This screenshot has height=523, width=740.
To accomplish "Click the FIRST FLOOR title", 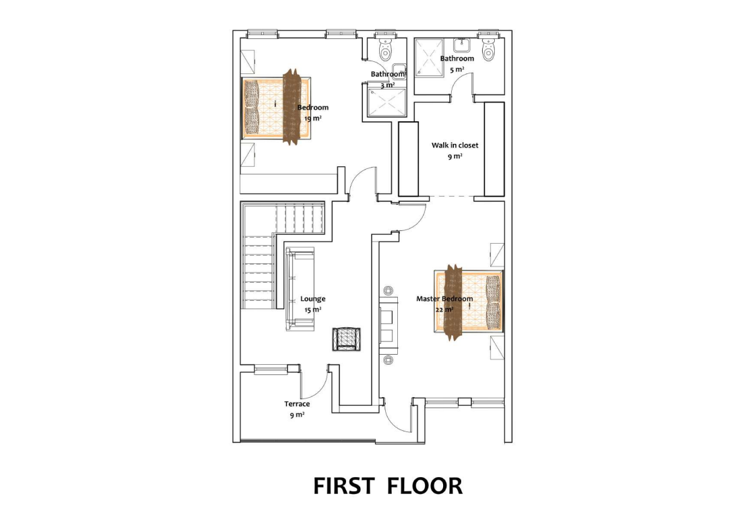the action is (388, 486).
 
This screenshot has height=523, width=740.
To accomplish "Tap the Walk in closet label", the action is (455, 145).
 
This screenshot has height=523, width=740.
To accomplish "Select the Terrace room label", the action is (297, 404).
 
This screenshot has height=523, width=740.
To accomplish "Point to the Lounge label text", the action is (312, 299).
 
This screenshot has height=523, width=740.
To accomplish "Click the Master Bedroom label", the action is (444, 298).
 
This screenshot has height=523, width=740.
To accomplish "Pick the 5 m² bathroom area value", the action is (457, 70).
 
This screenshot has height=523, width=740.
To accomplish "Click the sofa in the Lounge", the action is (300, 289).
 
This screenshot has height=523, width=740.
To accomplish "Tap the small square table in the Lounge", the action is (346, 339).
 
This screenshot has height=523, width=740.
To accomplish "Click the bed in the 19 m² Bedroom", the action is (277, 108).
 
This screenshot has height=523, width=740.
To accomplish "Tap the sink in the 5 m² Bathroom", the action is (461, 45).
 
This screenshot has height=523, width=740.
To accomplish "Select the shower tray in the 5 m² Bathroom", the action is (429, 57).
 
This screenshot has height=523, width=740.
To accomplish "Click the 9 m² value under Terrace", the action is (297, 415).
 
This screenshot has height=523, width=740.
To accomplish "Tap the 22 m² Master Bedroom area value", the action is (444, 310).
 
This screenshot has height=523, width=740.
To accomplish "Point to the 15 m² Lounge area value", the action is (312, 310).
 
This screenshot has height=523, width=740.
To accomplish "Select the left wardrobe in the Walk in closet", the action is (409, 159).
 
